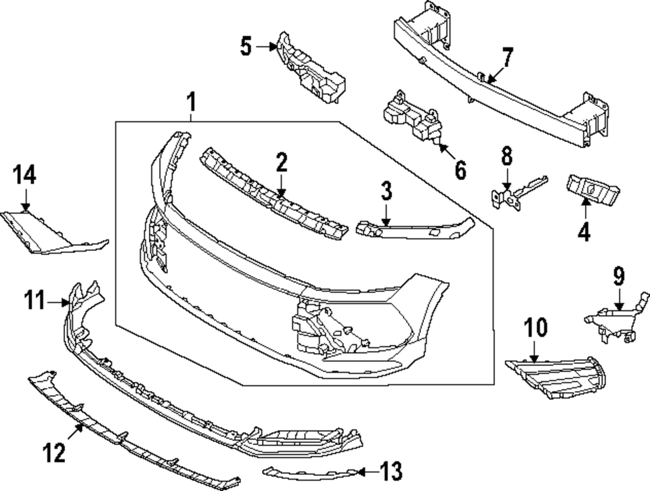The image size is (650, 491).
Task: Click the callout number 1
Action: tap(191, 103)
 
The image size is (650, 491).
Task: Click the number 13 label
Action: tap(391, 469)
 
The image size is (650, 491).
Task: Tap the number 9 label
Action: tap(619, 277)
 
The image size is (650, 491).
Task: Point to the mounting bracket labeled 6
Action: tap(414, 120)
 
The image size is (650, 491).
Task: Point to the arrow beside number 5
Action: tap(265, 46)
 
